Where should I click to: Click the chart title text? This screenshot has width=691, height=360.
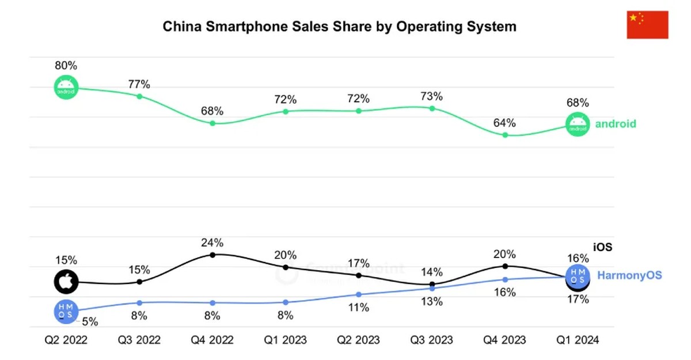[x=339, y=26]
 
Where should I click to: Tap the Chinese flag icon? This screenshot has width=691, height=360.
[x=647, y=24]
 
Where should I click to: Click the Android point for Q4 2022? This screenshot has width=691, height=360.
[x=212, y=123]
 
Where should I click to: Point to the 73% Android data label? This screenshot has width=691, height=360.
[x=431, y=96]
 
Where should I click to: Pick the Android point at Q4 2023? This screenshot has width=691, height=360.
[x=505, y=135]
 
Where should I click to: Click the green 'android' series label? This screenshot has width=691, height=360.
[x=615, y=124]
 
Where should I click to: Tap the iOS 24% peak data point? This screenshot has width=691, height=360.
[x=212, y=254]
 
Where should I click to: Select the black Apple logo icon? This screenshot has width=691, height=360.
[x=66, y=282]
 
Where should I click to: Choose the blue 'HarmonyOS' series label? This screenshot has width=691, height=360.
[x=629, y=275]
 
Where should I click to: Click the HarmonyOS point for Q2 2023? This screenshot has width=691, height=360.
[x=359, y=294]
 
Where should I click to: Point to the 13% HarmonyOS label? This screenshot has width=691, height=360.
[x=431, y=301]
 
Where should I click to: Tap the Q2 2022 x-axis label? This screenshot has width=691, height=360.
[x=66, y=340]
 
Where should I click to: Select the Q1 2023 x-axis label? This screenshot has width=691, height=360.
[x=286, y=340]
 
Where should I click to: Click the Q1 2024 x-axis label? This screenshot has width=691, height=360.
[x=578, y=340]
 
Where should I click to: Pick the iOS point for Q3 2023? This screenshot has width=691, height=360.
[x=432, y=284]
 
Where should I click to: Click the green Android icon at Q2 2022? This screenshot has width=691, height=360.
[x=66, y=88]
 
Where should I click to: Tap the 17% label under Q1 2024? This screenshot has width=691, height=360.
[x=578, y=300]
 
